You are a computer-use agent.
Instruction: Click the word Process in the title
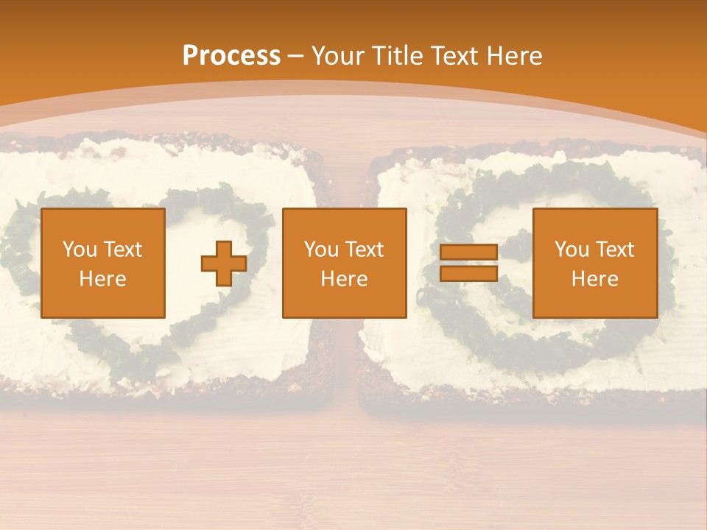pos(231,55)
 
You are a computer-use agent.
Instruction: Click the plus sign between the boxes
pos(224,264)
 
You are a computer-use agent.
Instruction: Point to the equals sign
pos(468,263)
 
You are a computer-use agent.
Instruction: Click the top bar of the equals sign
pos(468,252)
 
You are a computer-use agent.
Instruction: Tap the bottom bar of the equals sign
pos(468,273)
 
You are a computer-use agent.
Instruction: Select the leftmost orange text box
pos(103,263)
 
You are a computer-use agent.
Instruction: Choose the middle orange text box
pos(345,263)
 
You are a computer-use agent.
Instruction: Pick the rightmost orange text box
pos(595,263)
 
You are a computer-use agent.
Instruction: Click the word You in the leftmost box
pos(79,250)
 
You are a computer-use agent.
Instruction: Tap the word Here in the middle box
pos(345,279)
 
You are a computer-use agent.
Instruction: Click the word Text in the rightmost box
pos(615,250)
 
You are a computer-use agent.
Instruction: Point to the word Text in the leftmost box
pos(123,250)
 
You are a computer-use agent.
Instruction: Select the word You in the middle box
pos(320,250)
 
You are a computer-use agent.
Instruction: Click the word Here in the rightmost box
pos(595,279)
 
